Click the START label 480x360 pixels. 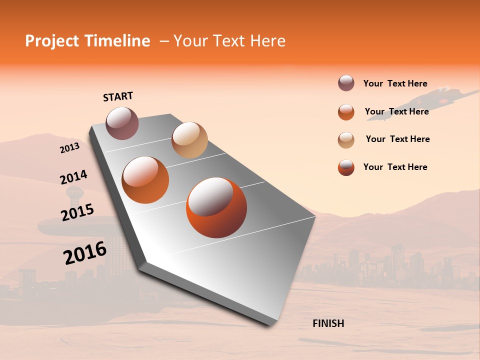click(118, 96)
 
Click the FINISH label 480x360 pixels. click(328, 323)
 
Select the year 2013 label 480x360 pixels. click(69, 148)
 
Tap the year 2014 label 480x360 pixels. click(73, 177)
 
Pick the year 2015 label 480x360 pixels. click(77, 212)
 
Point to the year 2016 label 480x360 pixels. click(85, 252)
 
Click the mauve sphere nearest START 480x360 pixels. click(122, 123)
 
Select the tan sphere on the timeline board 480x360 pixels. click(189, 140)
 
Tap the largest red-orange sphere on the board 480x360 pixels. click(216, 207)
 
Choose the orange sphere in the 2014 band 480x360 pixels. click(145, 180)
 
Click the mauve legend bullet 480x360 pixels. click(346, 83)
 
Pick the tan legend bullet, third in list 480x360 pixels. click(346, 140)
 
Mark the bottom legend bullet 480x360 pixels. click(346, 167)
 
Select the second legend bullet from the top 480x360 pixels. click(346, 112)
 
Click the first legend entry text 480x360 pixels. click(395, 83)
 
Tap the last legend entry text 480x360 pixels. click(395, 167)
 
